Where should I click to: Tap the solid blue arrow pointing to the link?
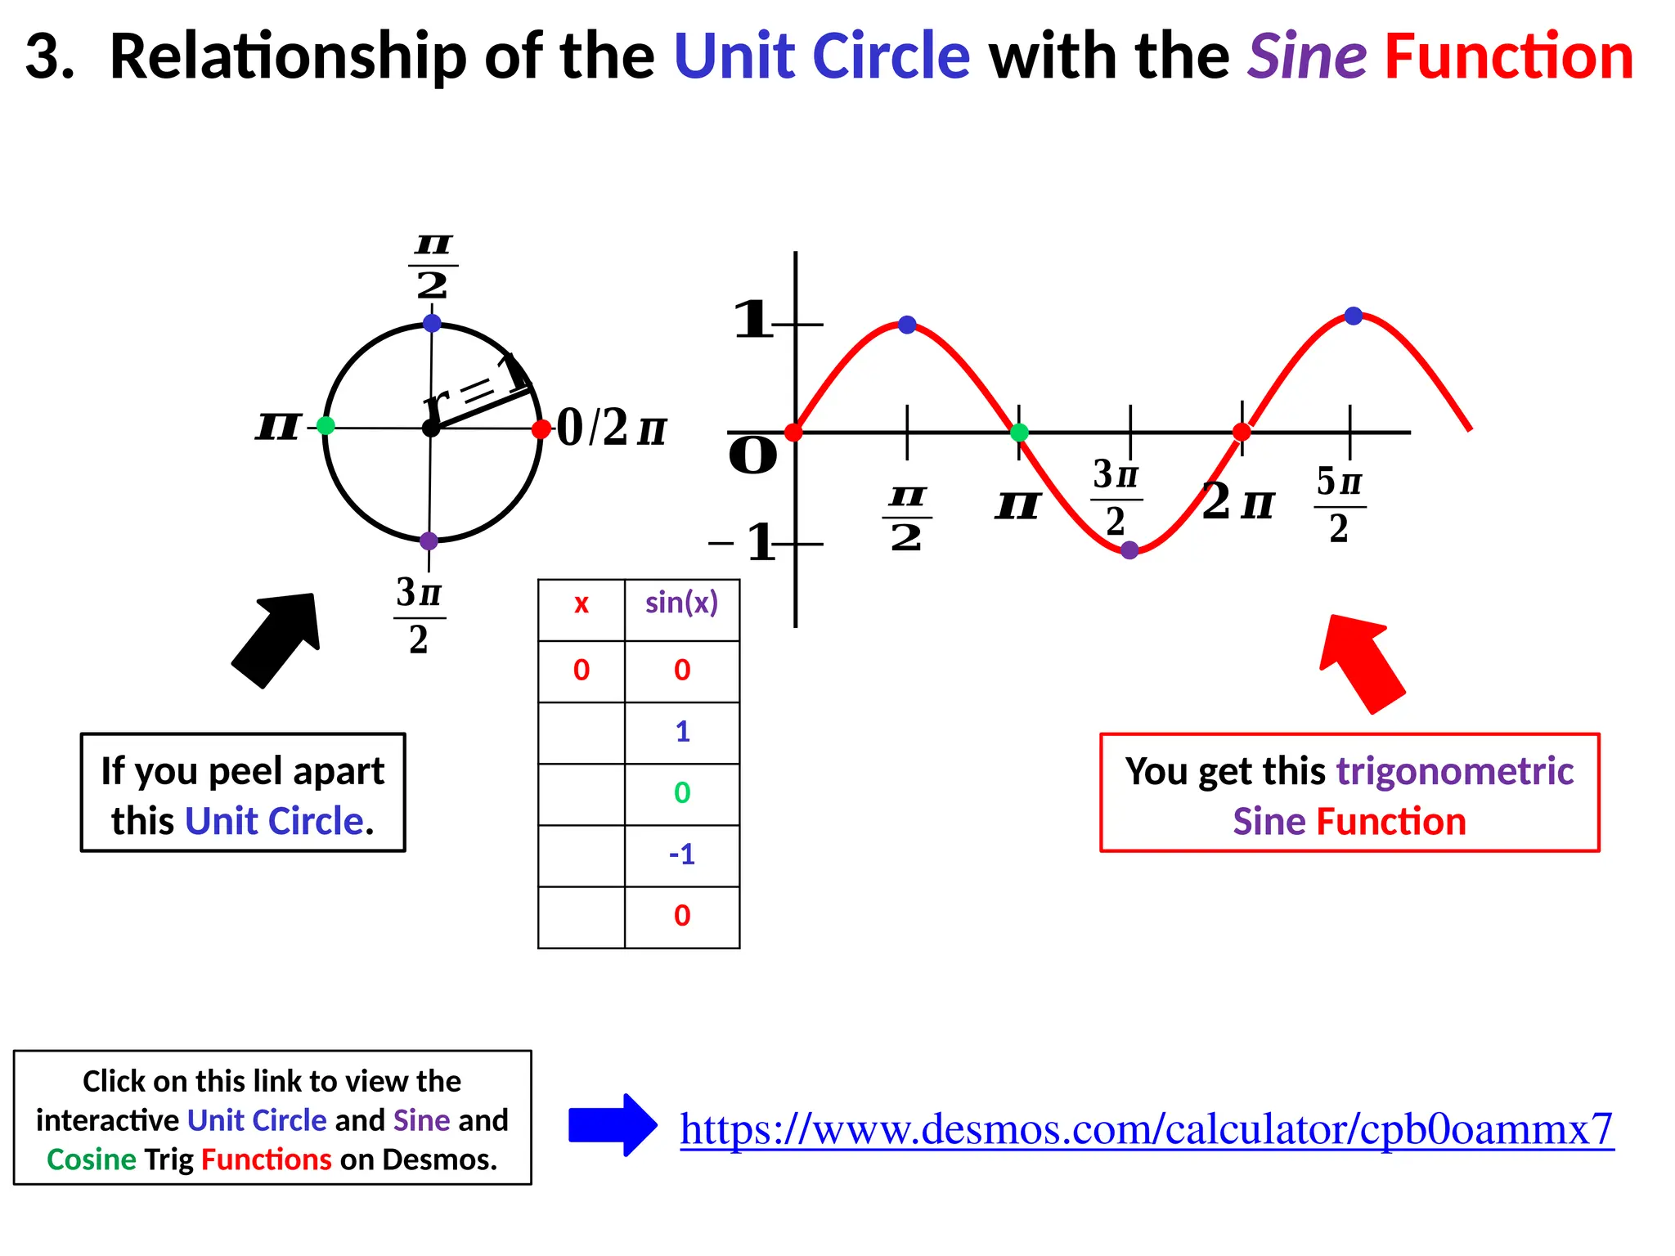point(612,1125)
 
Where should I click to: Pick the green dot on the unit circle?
point(326,425)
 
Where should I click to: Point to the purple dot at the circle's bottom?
point(429,541)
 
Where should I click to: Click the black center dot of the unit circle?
point(431,428)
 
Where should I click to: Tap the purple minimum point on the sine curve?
point(1129,550)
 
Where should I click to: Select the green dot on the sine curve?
point(1019,433)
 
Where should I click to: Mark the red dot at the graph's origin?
point(793,432)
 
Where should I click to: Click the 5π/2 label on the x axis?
point(1339,505)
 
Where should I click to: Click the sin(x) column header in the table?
point(681,603)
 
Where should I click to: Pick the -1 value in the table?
point(681,855)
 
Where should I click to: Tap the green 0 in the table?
point(681,793)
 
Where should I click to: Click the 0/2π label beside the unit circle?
point(611,428)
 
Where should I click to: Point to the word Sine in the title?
point(1306,57)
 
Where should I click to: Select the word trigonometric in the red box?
point(1454,771)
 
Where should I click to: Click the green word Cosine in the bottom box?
point(92,1160)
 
